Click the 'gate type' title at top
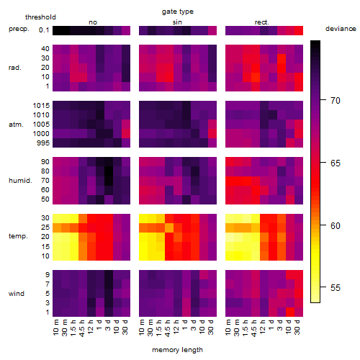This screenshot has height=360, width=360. tap(178, 12)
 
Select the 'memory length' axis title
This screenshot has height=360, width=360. tap(177, 350)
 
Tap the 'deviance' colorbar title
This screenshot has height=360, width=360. tap(341, 29)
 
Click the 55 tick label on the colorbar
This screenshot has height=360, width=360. tap(335, 287)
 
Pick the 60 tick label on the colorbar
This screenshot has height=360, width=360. tap(335, 225)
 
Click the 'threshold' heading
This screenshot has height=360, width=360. tap(40, 17)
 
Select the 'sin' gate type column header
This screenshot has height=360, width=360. tap(177, 22)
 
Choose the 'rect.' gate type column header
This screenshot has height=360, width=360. tap(261, 22)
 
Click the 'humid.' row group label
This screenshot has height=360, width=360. tap(20, 181)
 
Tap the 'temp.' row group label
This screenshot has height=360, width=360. tap(18, 236)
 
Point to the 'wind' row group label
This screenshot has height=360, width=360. tap(17, 294)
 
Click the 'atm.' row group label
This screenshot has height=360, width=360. tap(16, 125)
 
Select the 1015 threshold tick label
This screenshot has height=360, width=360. tap(41, 106)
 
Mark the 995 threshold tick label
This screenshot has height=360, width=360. tap(43, 143)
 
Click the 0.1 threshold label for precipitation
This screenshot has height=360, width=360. tap(44, 30)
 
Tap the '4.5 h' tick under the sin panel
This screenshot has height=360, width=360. tap(168, 328)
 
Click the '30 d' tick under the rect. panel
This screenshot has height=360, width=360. tap(297, 328)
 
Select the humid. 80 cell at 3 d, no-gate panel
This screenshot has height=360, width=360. tap(109, 171)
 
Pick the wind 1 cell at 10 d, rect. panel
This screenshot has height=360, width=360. tap(290, 312)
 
